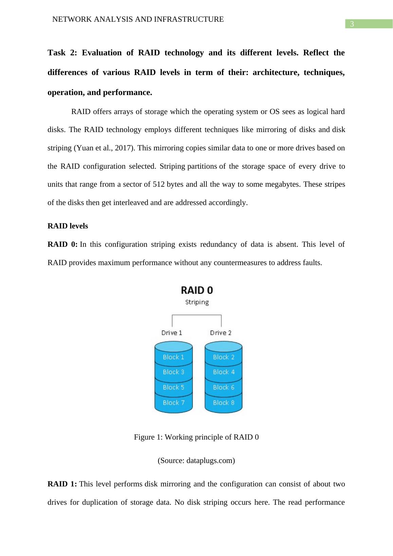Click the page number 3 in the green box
coord(352,24)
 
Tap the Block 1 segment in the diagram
coord(173,357)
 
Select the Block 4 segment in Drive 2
coord(224,372)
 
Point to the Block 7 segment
coord(173,403)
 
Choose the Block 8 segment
coord(224,403)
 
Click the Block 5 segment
coord(173,387)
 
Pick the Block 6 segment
coord(224,387)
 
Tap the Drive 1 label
coord(172,333)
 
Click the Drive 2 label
coord(221,333)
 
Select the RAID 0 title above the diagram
coord(197,290)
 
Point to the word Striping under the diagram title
coord(197,302)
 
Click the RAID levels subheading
coord(68,226)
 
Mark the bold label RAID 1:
coord(62,484)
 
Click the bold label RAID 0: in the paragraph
coord(62,244)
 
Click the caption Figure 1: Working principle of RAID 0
coord(196,437)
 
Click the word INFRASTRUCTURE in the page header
coord(189,19)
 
